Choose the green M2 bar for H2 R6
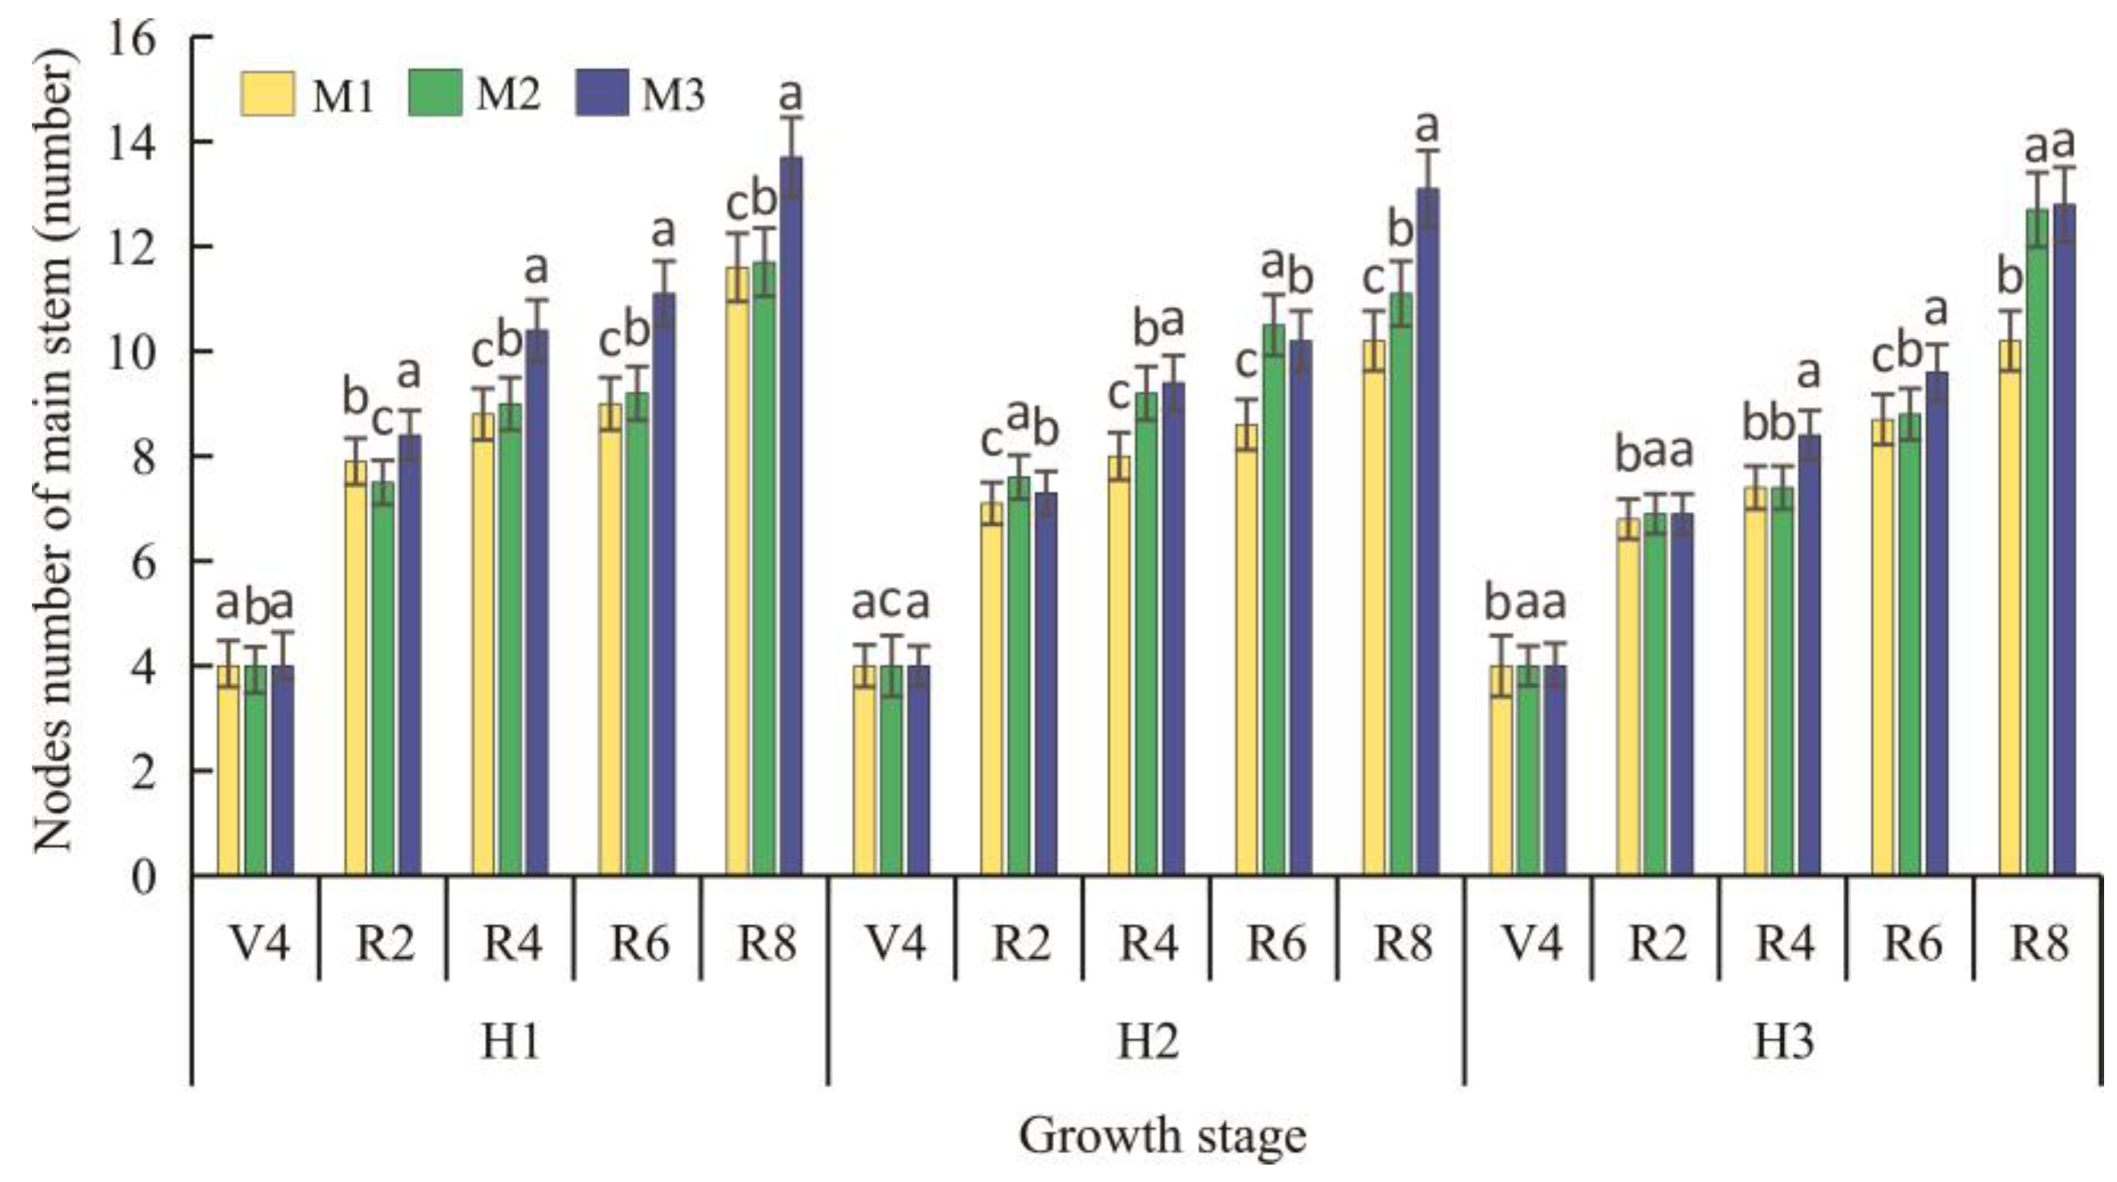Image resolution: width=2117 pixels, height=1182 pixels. (1274, 599)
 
